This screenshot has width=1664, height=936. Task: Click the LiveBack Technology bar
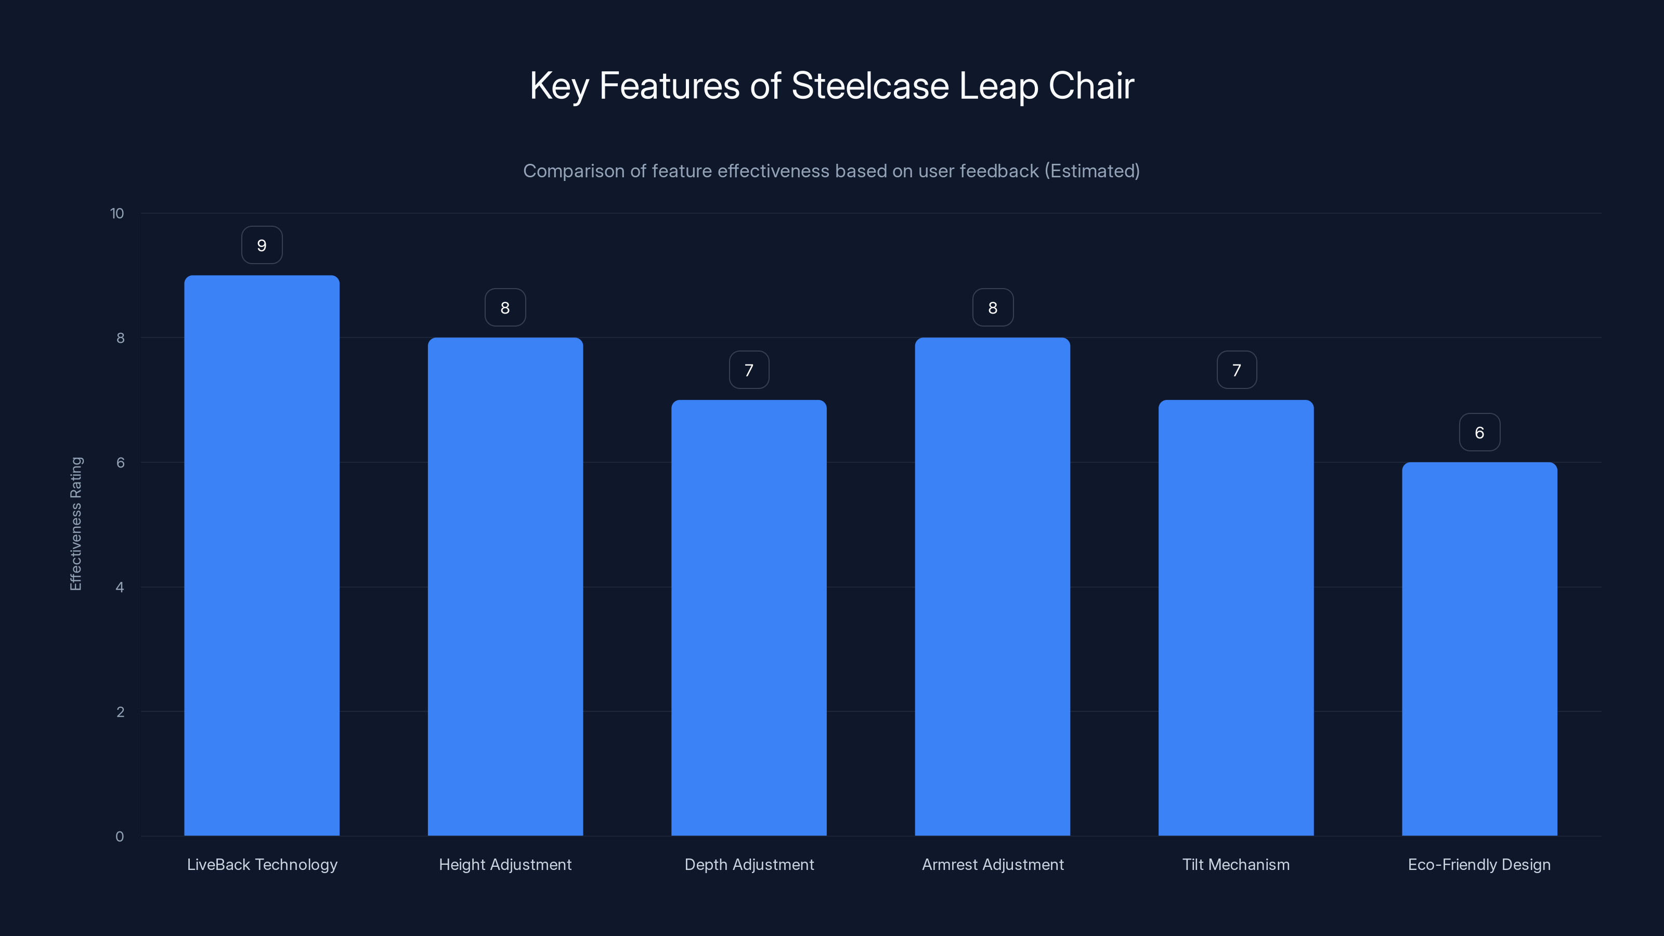click(x=262, y=555)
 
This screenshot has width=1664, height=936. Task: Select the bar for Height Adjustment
click(x=505, y=587)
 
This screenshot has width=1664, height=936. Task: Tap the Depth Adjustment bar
click(x=749, y=618)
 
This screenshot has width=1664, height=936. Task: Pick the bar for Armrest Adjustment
click(x=992, y=587)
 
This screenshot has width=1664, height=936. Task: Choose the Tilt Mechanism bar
click(x=1236, y=618)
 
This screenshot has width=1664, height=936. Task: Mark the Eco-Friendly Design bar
click(x=1479, y=648)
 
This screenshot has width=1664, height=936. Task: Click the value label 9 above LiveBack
click(x=262, y=245)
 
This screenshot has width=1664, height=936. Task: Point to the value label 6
click(x=1479, y=433)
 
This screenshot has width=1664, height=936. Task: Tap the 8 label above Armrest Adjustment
click(x=993, y=308)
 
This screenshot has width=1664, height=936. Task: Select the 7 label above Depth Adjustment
click(x=749, y=370)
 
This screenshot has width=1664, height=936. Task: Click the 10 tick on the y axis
click(x=117, y=214)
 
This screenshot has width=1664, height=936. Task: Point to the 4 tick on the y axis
click(x=120, y=587)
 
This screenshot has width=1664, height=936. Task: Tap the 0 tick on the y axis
click(x=120, y=837)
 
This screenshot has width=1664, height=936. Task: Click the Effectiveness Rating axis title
click(x=75, y=524)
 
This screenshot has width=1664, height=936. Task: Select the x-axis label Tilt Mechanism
click(x=1236, y=864)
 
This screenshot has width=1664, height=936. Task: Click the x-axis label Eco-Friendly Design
click(x=1479, y=864)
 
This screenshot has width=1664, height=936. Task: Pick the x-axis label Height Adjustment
click(x=505, y=864)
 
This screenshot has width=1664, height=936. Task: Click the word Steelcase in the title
click(x=869, y=86)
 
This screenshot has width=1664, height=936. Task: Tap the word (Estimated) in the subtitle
click(x=1091, y=171)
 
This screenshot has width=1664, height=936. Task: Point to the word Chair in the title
click(x=1091, y=86)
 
